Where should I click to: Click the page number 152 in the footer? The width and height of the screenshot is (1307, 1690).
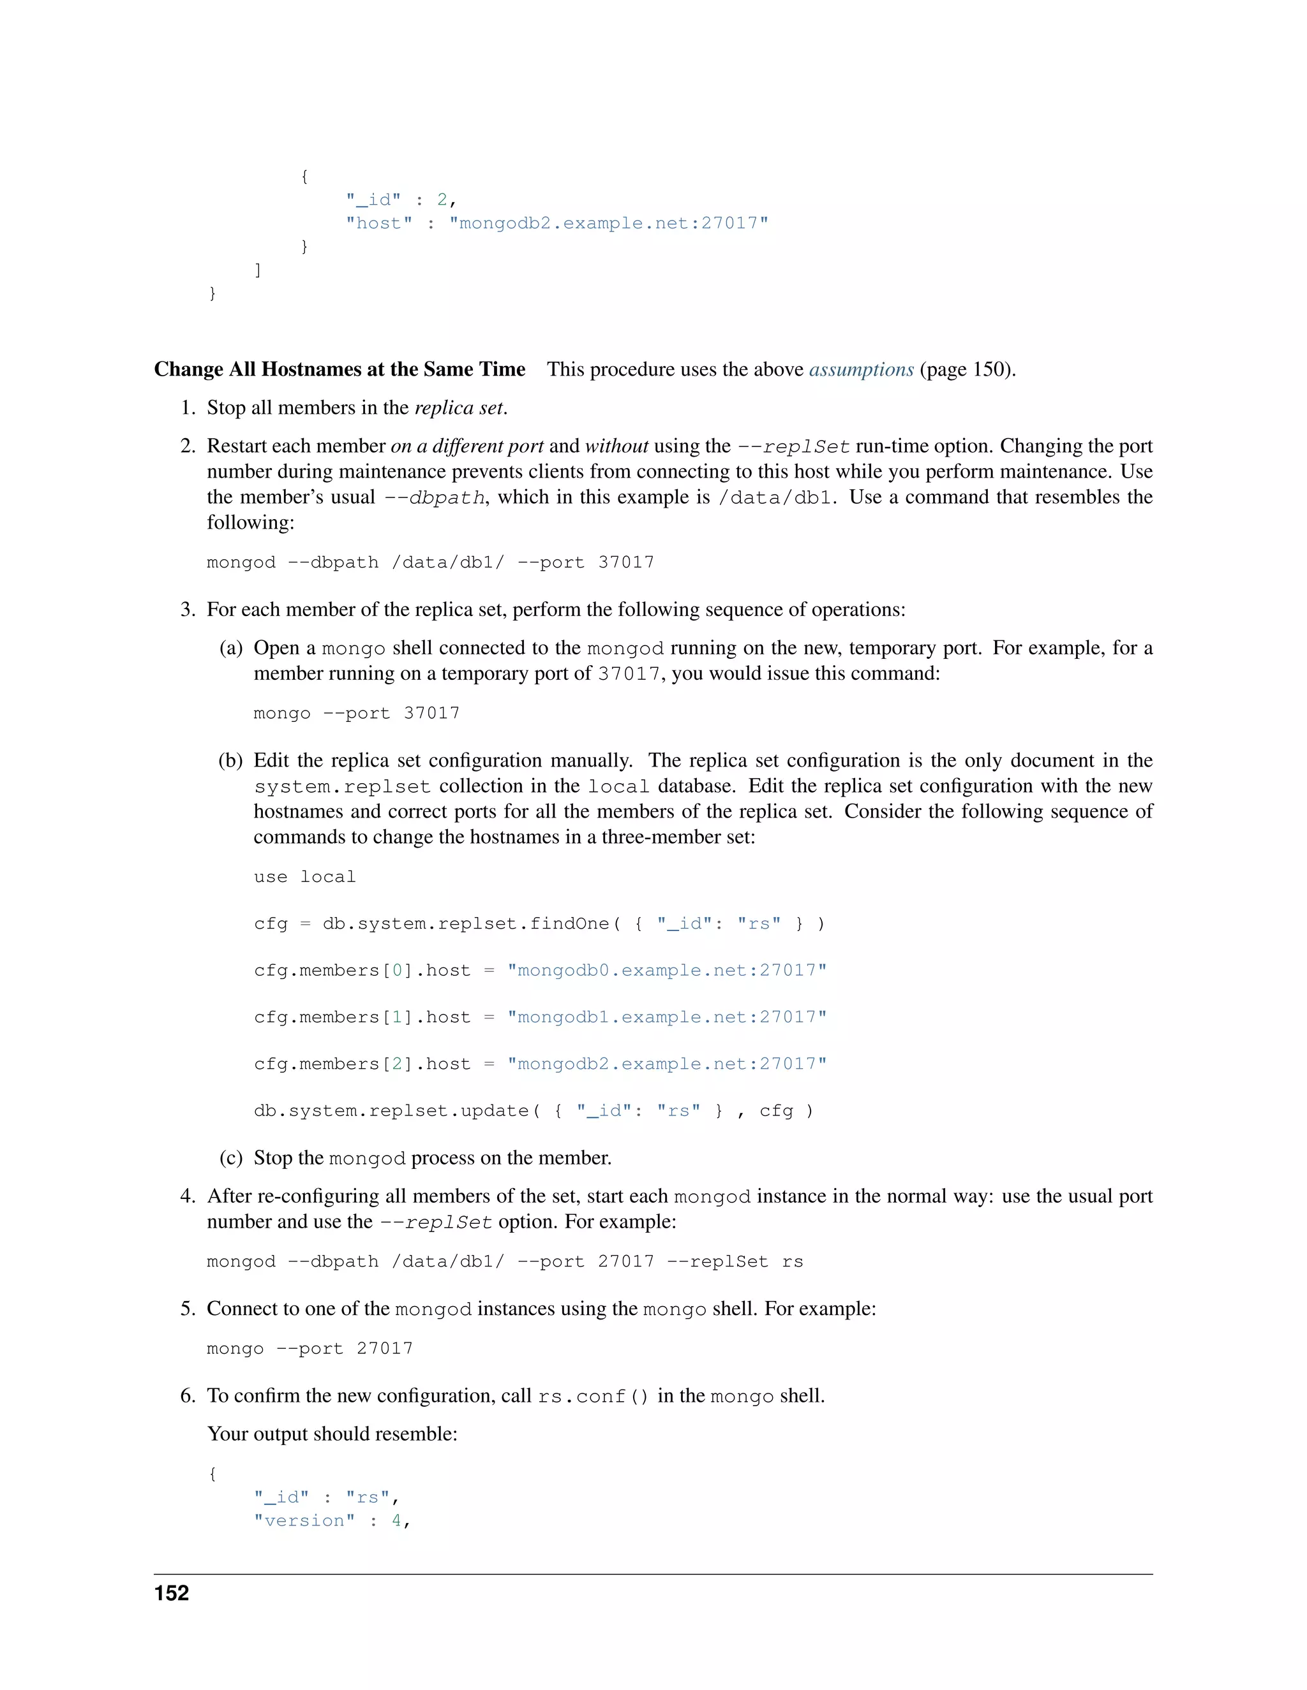tap(171, 1592)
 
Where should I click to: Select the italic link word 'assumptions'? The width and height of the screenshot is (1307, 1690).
tap(861, 369)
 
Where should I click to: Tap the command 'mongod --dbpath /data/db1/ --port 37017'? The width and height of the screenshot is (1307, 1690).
tap(429, 562)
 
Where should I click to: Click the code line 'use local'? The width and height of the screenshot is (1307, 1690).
tap(304, 877)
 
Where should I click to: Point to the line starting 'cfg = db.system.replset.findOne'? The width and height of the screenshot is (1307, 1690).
tap(539, 924)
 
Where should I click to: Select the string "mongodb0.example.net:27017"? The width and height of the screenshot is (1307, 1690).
tap(667, 971)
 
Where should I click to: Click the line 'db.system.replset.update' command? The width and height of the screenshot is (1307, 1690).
tap(534, 1111)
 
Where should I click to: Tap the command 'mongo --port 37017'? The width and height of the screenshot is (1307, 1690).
tap(356, 714)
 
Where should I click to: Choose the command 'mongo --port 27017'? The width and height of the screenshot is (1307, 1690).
tap(310, 1349)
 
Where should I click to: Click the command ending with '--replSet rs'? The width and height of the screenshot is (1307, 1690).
tap(504, 1262)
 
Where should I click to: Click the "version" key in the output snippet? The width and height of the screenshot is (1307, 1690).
tap(304, 1520)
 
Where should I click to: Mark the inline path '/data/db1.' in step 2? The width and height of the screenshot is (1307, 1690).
tap(777, 497)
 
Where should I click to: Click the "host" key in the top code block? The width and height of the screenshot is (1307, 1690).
tap(378, 224)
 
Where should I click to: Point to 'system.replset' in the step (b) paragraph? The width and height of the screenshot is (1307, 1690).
tap(341, 787)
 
